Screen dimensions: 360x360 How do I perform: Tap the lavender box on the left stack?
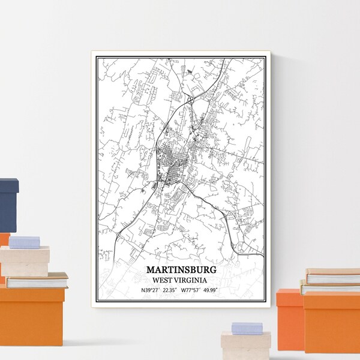(x=25, y=242)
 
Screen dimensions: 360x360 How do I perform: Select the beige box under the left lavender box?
(x=24, y=260)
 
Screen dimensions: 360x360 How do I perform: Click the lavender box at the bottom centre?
(x=247, y=328)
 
